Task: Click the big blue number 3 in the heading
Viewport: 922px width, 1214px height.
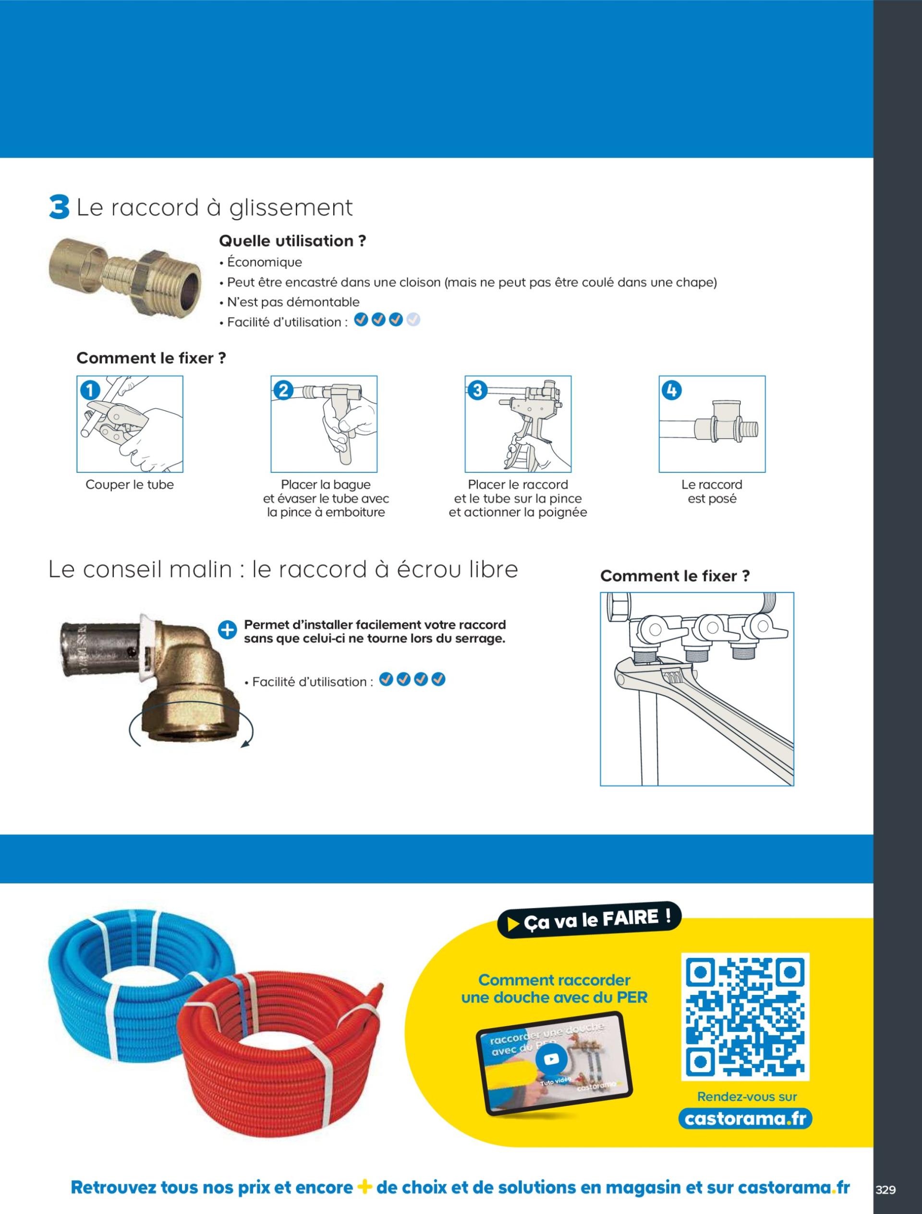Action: [59, 208]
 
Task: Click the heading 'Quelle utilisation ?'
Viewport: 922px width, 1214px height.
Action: [292, 241]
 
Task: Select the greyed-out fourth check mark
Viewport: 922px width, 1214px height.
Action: [413, 319]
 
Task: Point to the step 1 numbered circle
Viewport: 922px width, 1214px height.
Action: [90, 391]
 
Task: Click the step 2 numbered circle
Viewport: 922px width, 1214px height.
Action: [284, 391]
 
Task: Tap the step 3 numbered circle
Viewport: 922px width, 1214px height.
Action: [478, 391]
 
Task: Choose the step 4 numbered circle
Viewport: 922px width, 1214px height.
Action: [672, 391]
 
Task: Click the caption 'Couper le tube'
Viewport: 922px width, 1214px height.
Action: [130, 485]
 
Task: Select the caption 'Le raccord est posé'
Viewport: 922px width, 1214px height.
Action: [712, 491]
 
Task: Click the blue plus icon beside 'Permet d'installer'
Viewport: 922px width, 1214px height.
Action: [227, 630]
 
